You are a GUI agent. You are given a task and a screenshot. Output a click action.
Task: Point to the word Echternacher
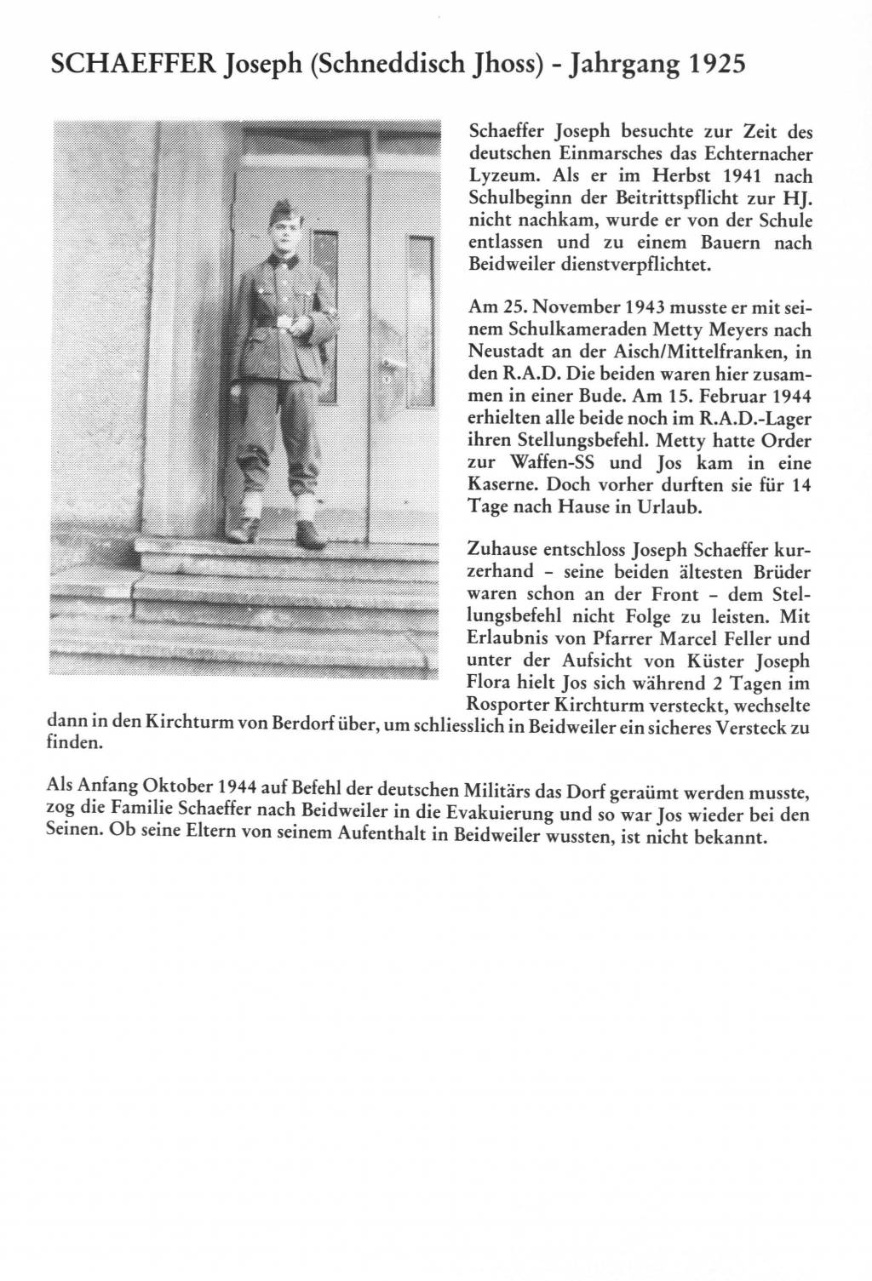click(x=754, y=154)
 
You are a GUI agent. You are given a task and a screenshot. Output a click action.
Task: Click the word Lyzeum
click(x=503, y=177)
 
